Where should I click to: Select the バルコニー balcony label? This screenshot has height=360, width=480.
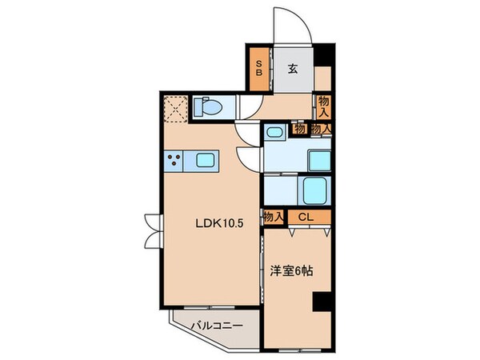click(214, 326)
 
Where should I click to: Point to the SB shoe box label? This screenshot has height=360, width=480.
click(259, 69)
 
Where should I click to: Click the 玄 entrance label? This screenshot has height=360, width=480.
click(293, 69)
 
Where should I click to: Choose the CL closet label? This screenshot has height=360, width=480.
click(307, 216)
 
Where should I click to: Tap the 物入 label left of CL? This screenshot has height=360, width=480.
click(274, 216)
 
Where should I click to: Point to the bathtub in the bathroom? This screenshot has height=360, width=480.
click(316, 190)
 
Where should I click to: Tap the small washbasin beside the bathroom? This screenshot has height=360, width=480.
click(274, 132)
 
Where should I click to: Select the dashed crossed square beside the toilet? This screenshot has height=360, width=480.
click(176, 107)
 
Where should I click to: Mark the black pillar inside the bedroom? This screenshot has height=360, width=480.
click(321, 303)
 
